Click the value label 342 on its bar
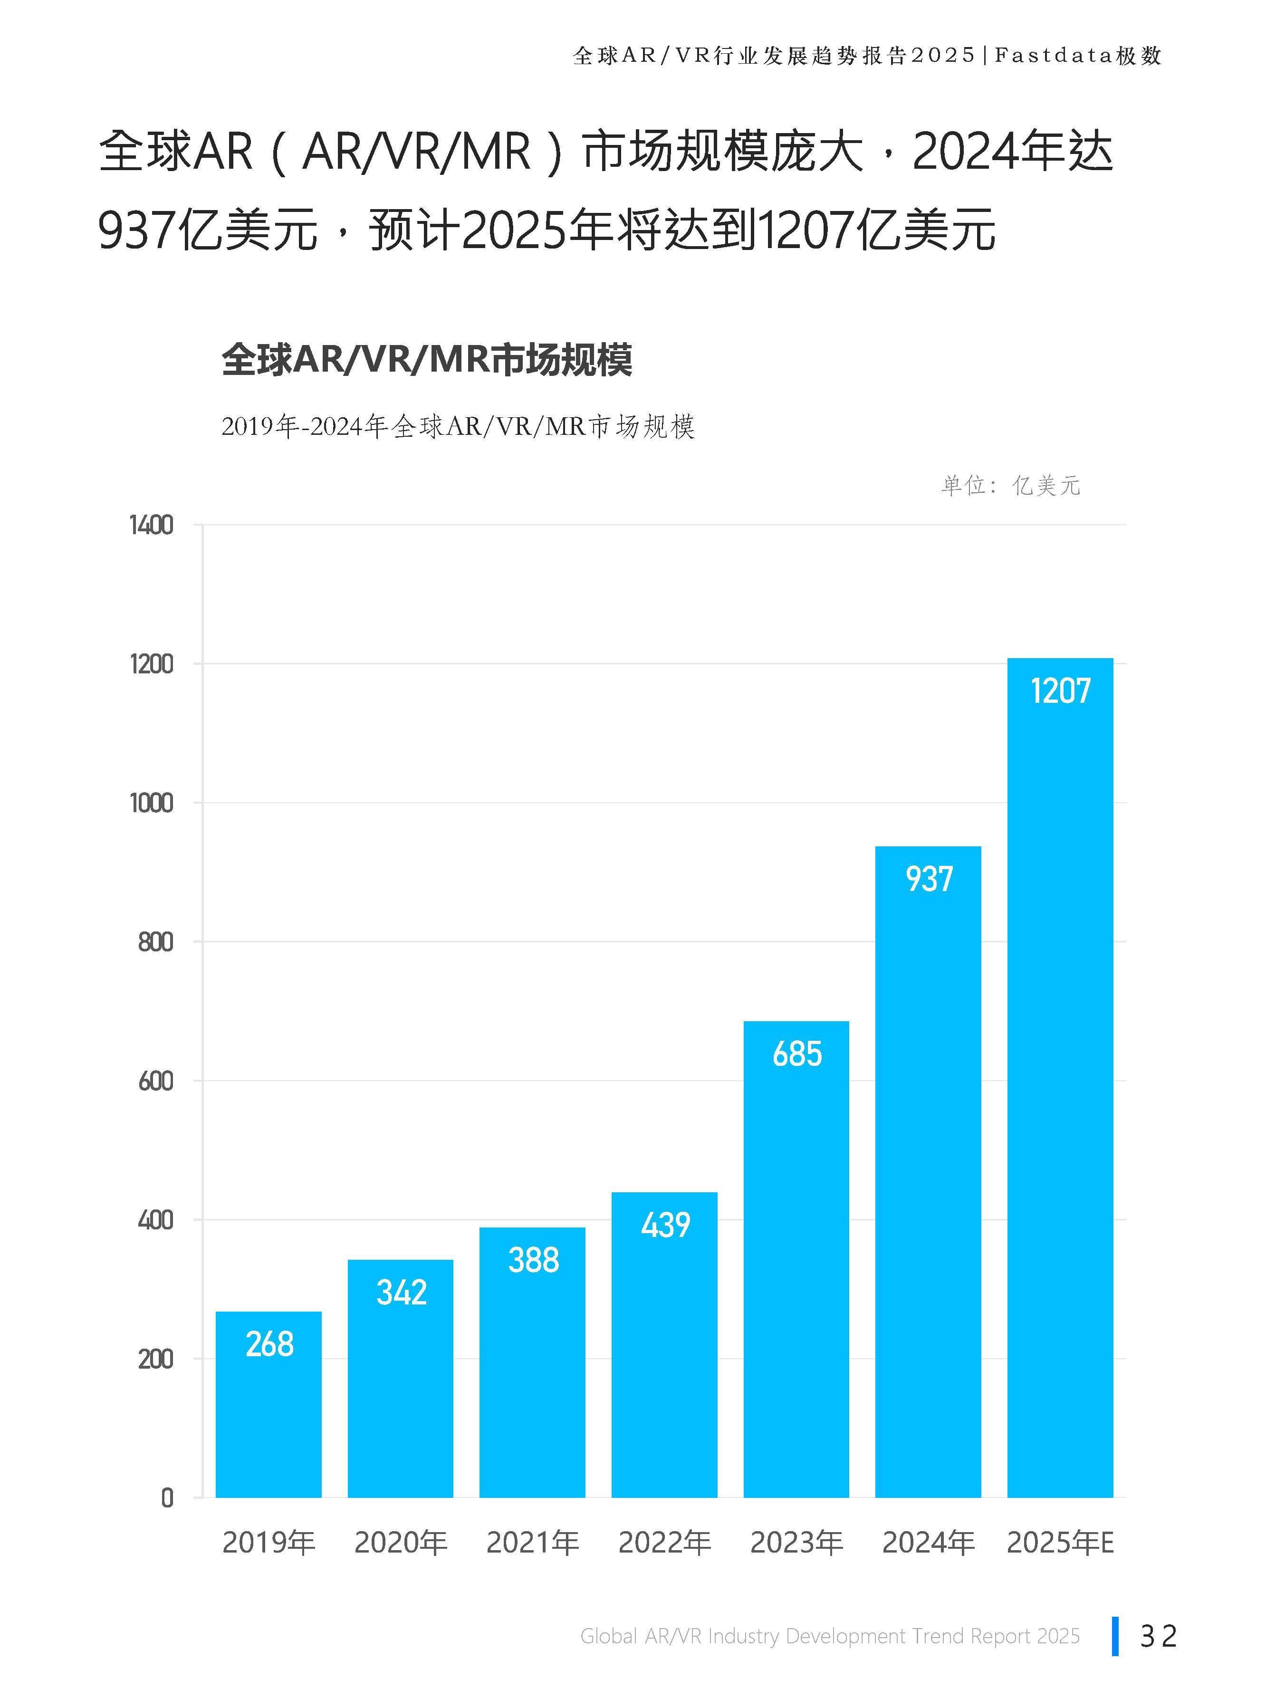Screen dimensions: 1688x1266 (x=401, y=1292)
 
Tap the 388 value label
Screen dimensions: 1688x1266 (x=533, y=1259)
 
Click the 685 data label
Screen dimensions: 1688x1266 (x=796, y=1054)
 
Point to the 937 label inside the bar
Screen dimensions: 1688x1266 (x=929, y=879)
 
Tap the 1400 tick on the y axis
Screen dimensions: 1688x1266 (x=151, y=526)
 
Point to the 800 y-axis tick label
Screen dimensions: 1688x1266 (x=156, y=942)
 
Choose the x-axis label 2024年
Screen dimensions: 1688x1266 (x=929, y=1543)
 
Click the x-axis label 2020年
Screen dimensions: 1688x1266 (x=401, y=1543)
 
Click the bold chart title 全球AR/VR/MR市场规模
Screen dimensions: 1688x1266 (x=427, y=359)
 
